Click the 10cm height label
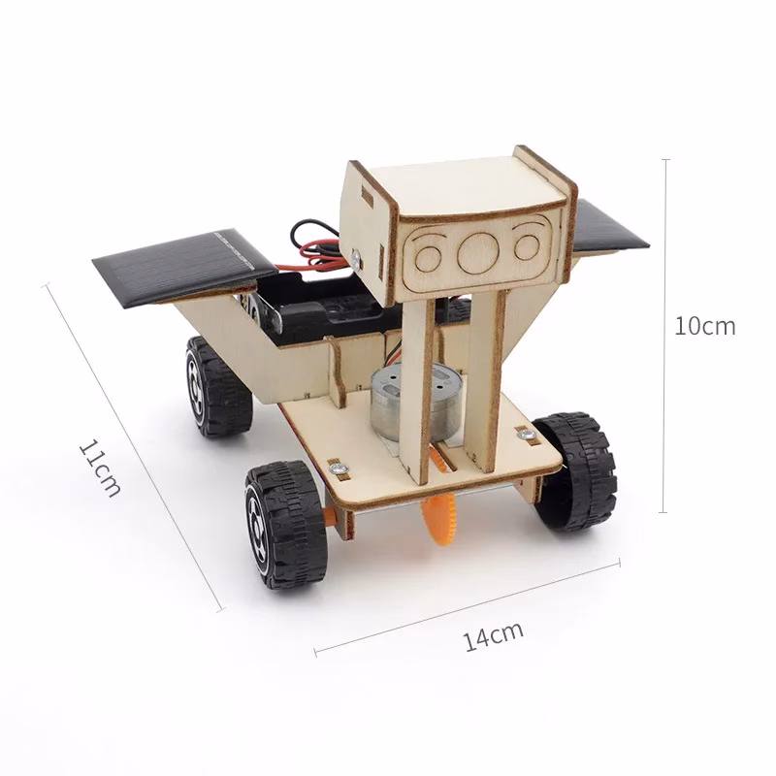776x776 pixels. [x=705, y=326]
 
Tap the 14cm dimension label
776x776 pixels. [x=493, y=636]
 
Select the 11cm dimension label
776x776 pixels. [x=100, y=468]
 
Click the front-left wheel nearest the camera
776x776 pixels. [x=283, y=524]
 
